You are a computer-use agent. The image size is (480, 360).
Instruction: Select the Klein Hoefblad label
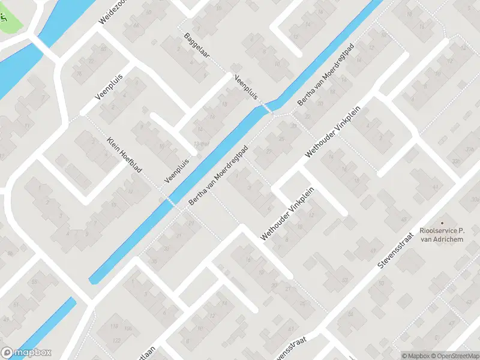(124, 155)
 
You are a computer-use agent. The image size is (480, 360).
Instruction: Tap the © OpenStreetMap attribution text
(454, 356)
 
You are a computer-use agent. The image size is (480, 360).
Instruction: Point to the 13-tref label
(202, 143)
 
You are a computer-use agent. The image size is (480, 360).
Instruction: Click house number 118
(114, 327)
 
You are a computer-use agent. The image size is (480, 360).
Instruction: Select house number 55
(34, 281)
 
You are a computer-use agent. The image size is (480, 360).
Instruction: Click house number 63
(291, 330)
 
